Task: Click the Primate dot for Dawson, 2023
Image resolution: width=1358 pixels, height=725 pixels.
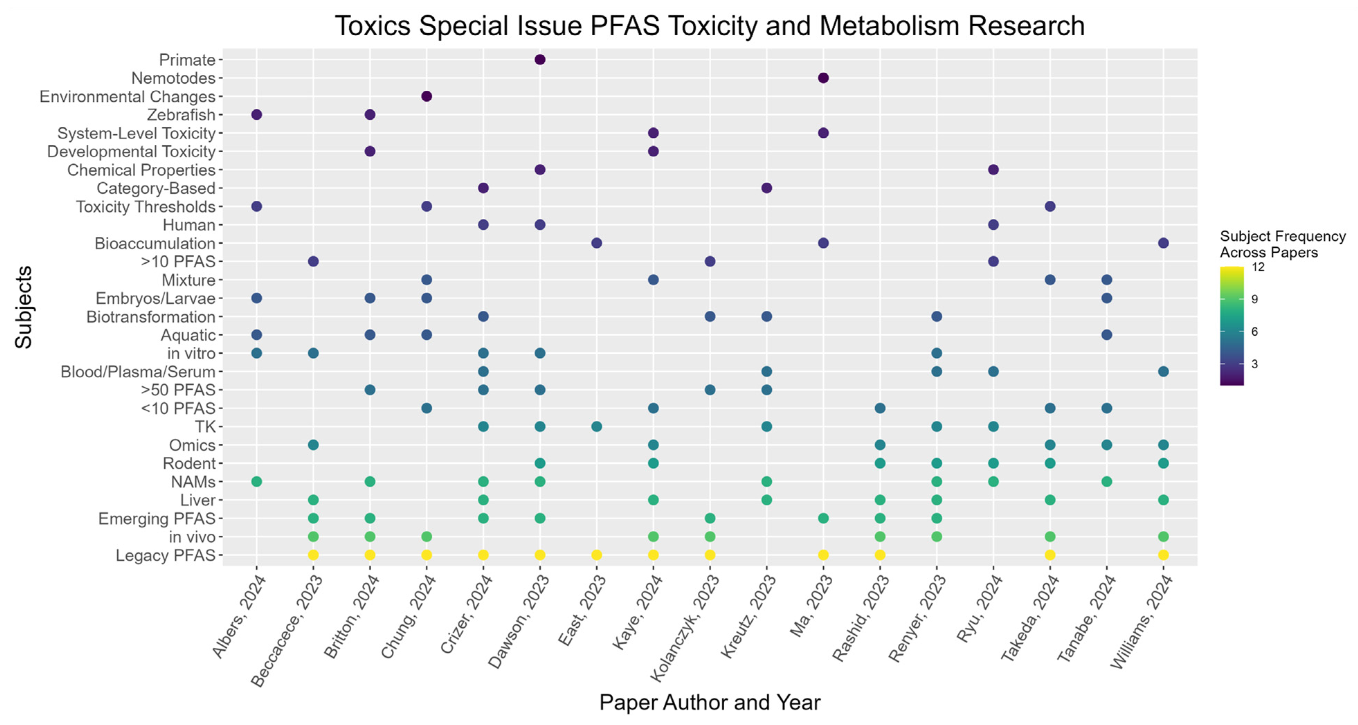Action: (539, 60)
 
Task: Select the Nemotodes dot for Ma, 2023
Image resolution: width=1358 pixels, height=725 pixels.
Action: (823, 78)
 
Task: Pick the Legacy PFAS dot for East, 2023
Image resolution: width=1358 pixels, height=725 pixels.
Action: (596, 555)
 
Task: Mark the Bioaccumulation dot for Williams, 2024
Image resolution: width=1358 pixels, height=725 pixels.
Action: (1163, 243)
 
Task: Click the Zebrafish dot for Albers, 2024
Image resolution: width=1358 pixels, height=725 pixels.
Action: (257, 115)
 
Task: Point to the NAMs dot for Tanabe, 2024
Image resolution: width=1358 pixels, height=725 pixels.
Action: (1106, 481)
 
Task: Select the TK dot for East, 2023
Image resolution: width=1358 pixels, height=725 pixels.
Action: (596, 426)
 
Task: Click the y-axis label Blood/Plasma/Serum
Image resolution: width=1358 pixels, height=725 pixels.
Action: (138, 372)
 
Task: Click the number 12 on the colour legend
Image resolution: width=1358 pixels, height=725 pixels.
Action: (1258, 267)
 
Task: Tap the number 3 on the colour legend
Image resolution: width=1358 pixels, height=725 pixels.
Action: (1255, 364)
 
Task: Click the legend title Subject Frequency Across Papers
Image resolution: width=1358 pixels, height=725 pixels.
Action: (1282, 244)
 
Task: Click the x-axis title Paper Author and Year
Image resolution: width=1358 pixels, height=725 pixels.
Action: (709, 702)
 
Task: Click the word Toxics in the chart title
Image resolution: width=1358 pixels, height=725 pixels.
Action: (373, 26)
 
